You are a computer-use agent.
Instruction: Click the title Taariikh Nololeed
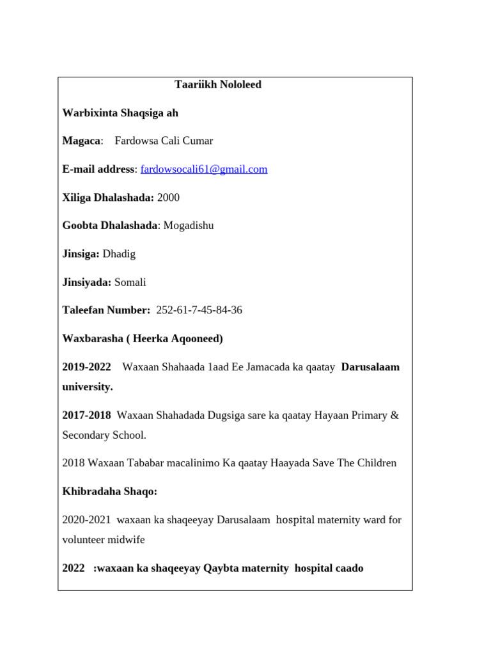pos(218,85)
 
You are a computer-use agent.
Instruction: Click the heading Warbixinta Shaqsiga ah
pos(120,113)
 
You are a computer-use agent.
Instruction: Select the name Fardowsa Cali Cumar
pos(164,141)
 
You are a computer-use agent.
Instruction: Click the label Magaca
pos(81,141)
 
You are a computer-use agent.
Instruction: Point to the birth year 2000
pos(168,198)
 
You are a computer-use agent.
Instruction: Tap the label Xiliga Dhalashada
pos(107,198)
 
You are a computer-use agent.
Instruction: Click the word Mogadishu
pos(189,226)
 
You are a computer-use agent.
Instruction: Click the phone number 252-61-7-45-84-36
pos(199,310)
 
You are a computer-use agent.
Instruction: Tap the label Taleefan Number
pos(106,310)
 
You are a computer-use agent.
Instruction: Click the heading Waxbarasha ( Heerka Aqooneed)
pos(143,339)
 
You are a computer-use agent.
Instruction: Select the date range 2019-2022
pos(86,367)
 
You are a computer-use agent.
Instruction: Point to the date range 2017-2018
pos(86,415)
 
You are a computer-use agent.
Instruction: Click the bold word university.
pos(88,387)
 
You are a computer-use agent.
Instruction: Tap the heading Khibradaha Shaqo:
pos(110,491)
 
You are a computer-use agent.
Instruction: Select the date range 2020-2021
pos(86,520)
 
